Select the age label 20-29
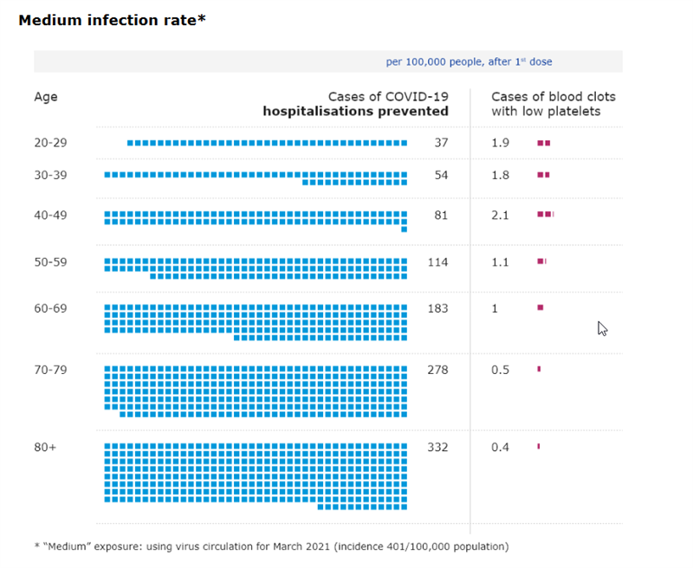tap(49, 143)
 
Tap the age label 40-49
tap(49, 215)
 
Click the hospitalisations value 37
tap(441, 143)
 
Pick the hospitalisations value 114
tap(437, 261)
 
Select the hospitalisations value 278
tap(437, 370)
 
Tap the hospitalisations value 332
tap(437, 448)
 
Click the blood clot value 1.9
tap(500, 143)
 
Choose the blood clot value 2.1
tap(500, 215)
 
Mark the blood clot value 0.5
tap(500, 370)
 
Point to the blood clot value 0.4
tap(500, 448)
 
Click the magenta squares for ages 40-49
tap(545, 214)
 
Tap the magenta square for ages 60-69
tap(541, 307)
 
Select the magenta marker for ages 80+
tap(539, 447)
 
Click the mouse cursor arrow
tap(602, 328)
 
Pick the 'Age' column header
tap(46, 97)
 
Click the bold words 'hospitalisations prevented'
tap(356, 111)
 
